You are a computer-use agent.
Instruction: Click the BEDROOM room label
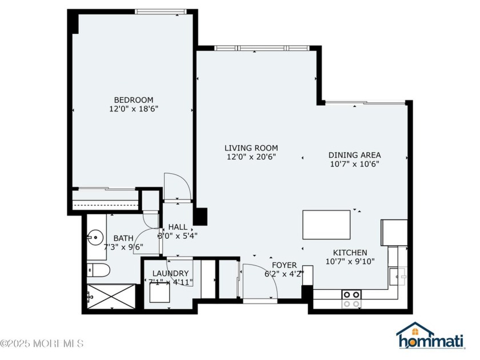[x=133, y=99]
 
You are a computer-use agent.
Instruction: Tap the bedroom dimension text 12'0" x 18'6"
[x=133, y=108]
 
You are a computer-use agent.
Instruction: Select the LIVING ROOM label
[x=250, y=147]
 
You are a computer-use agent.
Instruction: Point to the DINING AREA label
[x=354, y=155]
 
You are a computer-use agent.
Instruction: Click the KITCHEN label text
[x=350, y=253]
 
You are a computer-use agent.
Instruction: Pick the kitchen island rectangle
[x=326, y=225]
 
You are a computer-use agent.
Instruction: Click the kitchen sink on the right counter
[x=398, y=277]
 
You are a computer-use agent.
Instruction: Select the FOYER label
[x=284, y=265]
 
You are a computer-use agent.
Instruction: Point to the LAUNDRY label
[x=170, y=273]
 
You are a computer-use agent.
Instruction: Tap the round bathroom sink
[x=94, y=235]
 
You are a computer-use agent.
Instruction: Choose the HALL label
[x=178, y=227]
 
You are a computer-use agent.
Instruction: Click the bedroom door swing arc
[x=176, y=186]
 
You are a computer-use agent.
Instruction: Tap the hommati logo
[x=431, y=337]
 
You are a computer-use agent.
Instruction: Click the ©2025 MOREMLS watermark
[x=42, y=343]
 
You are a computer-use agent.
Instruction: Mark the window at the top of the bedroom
[x=161, y=11]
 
